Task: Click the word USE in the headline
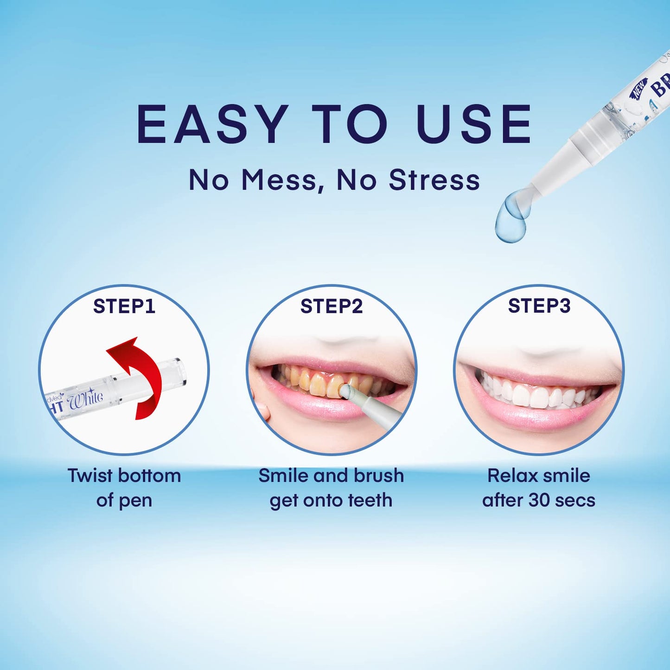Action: point(474,124)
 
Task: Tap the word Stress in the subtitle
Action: point(434,180)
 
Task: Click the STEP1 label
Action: point(124,306)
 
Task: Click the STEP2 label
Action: point(331,306)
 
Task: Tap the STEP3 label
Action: point(539,306)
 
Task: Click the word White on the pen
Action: point(85,399)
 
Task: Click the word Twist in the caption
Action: point(90,476)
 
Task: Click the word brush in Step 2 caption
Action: point(378,476)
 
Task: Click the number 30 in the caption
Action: point(539,501)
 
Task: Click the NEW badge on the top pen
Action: point(639,88)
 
